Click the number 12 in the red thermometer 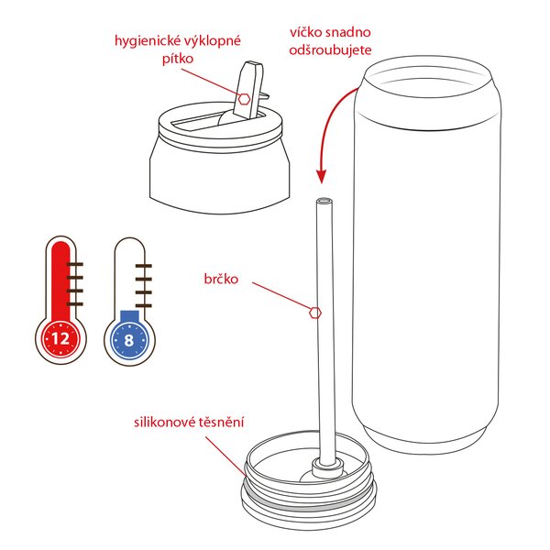[61, 338]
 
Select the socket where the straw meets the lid [323, 468]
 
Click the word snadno [349, 32]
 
